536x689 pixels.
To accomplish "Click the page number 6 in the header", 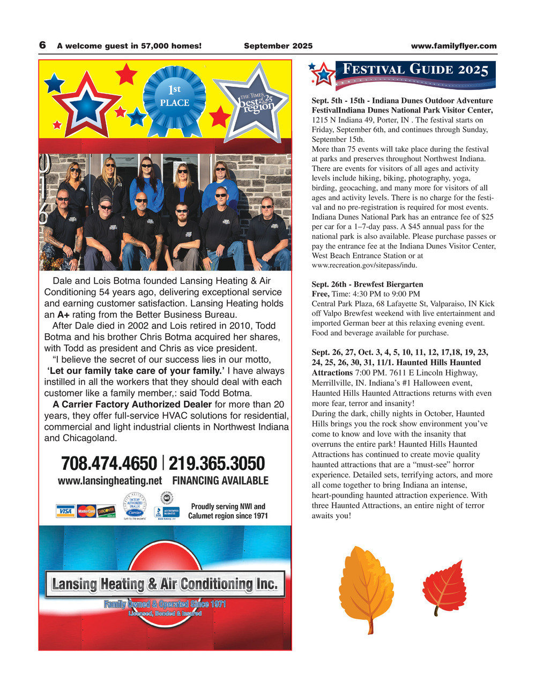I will pos(42,46).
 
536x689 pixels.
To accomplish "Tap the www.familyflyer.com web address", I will pos(453,46).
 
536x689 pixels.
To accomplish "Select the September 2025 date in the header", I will pos(278,46).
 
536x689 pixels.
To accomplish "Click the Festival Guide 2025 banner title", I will pos(415,70).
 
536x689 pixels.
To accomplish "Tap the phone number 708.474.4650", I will pos(109,463).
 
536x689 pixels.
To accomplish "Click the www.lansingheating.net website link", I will pos(109,481).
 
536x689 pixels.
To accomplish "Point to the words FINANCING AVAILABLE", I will pos(220,481).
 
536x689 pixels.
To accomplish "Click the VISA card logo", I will pos(65,512).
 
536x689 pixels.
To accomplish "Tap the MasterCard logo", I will pos(86,512).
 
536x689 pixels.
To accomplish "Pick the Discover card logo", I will pos(106,512).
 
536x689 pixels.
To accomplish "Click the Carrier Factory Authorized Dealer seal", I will pos(135,507).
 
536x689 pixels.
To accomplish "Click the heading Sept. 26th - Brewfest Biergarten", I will pos(367,284).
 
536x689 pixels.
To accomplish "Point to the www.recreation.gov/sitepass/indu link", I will pos(364,265).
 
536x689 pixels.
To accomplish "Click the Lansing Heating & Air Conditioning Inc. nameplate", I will pos(165,583).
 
